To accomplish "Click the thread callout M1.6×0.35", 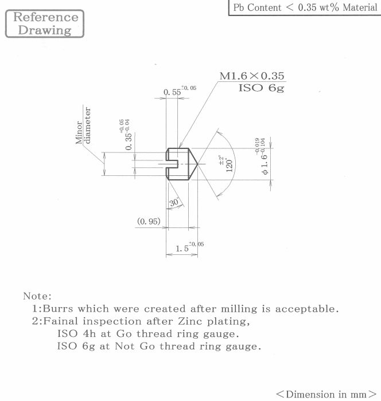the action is [252, 76].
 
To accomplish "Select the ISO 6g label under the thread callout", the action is [261, 88].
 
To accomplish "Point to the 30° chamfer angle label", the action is [174, 202].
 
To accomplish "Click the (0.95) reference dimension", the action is [149, 221].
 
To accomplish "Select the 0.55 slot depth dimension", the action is [180, 91].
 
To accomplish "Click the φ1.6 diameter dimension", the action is [263, 156].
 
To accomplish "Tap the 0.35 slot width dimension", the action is [126, 135].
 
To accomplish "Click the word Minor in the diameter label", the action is [79, 132].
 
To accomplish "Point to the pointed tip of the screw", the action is [197, 164].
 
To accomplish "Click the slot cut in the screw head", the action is [172, 164].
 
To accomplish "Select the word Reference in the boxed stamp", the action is [45, 17].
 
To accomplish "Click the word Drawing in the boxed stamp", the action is [45, 30].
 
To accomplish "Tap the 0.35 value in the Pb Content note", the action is [307, 7].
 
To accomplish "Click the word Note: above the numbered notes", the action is [37, 296].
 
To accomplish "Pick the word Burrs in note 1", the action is [58, 309].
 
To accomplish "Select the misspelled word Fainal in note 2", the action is [60, 321].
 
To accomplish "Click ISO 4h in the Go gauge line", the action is [76, 334].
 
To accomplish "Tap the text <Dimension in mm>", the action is [326, 394].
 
